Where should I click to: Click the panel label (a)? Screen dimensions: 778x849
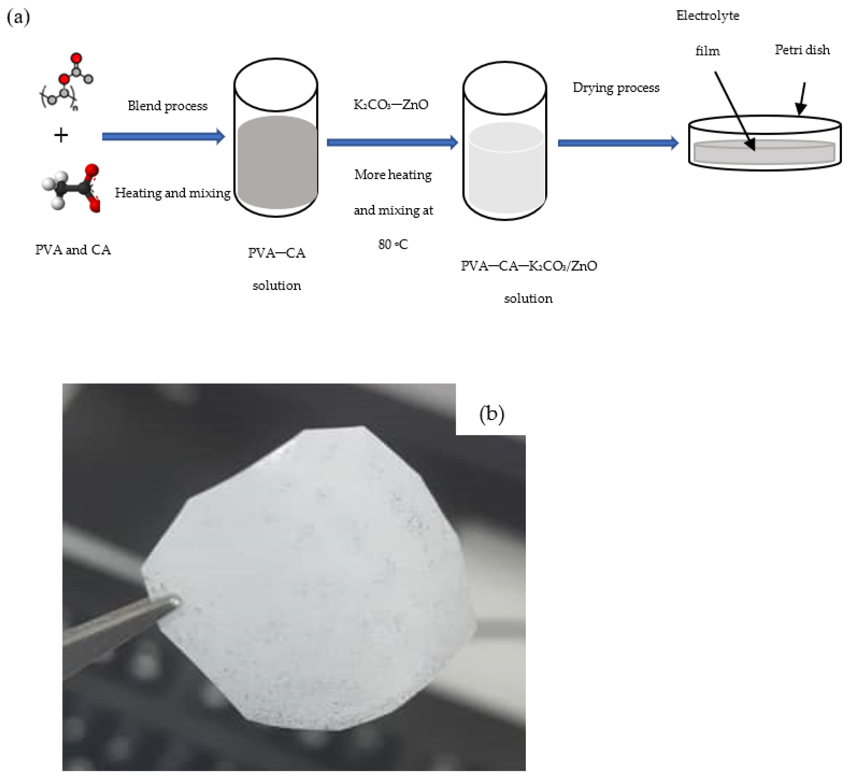[x=18, y=18]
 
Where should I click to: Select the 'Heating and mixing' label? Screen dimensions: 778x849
[x=173, y=193]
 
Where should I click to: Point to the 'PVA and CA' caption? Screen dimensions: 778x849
[x=73, y=250]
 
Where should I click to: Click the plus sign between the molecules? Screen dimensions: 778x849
[x=61, y=135]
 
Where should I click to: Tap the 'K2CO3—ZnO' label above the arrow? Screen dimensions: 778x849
[x=391, y=104]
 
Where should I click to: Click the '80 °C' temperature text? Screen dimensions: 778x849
[x=393, y=244]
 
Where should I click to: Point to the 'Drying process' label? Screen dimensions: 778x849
[x=616, y=88]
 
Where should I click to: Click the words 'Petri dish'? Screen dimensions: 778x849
[x=802, y=50]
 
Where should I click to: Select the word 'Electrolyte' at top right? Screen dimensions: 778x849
[x=708, y=15]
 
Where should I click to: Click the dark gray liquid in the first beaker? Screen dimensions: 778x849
[x=277, y=164]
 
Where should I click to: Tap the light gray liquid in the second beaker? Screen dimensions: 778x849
[x=505, y=169]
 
